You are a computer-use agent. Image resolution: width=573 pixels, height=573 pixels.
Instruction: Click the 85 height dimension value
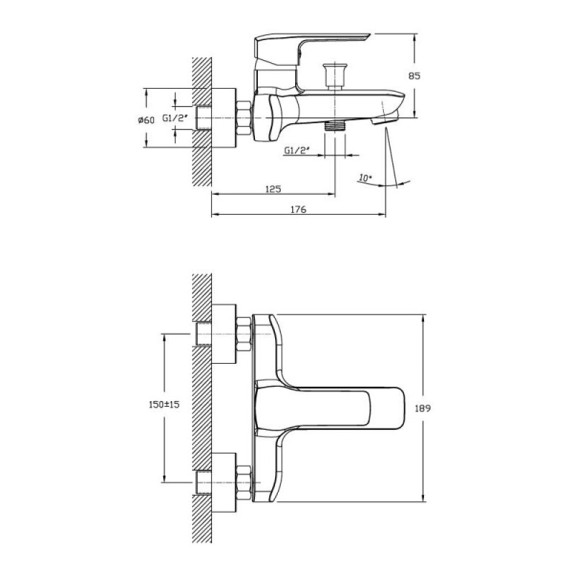(x=414, y=76)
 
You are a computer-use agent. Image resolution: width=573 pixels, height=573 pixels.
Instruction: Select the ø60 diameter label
(x=147, y=120)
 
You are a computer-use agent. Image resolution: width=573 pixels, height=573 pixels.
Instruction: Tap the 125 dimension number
(x=273, y=189)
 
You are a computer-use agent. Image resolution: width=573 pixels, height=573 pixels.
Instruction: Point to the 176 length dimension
(x=298, y=209)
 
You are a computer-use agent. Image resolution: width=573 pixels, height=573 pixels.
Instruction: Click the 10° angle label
(x=365, y=178)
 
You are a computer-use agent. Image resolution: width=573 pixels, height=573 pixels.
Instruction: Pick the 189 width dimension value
(x=423, y=408)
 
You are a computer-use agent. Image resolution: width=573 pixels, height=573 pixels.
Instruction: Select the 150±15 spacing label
(x=164, y=405)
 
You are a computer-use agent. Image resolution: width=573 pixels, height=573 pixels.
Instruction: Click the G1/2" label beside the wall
(x=175, y=118)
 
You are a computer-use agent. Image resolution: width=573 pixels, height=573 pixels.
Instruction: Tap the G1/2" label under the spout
(x=297, y=150)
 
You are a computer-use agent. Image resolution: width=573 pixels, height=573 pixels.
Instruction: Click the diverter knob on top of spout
(x=334, y=76)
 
